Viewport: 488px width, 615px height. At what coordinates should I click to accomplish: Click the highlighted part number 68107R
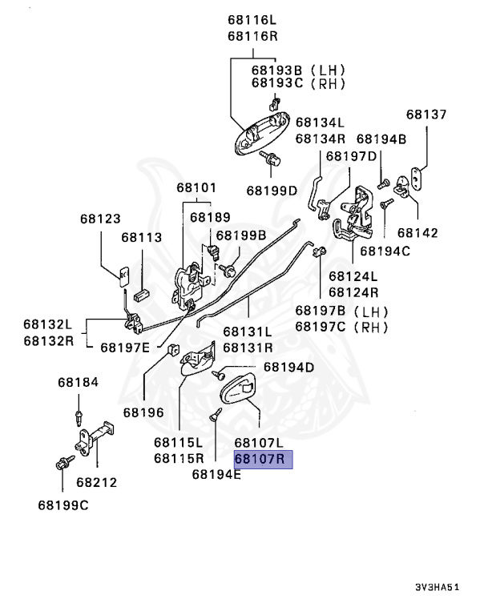tap(264, 459)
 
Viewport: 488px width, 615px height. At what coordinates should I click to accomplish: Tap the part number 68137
tap(425, 115)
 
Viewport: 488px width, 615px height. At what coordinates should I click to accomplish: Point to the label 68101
tap(197, 188)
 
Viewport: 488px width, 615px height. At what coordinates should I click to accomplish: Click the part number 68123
tap(100, 218)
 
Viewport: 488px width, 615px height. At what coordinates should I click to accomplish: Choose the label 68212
tap(97, 482)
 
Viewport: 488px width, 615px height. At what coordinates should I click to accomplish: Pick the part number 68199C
tap(63, 504)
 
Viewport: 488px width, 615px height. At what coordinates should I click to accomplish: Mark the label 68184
tap(78, 383)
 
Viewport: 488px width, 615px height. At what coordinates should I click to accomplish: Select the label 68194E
tap(216, 473)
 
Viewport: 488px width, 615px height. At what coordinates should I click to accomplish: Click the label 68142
tap(417, 233)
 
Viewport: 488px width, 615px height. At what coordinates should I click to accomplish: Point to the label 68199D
tap(272, 191)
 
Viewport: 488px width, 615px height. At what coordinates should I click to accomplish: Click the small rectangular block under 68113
tap(143, 292)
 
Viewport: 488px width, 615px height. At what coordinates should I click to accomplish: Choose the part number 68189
tap(210, 217)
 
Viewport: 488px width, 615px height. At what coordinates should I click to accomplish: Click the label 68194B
tap(381, 139)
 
